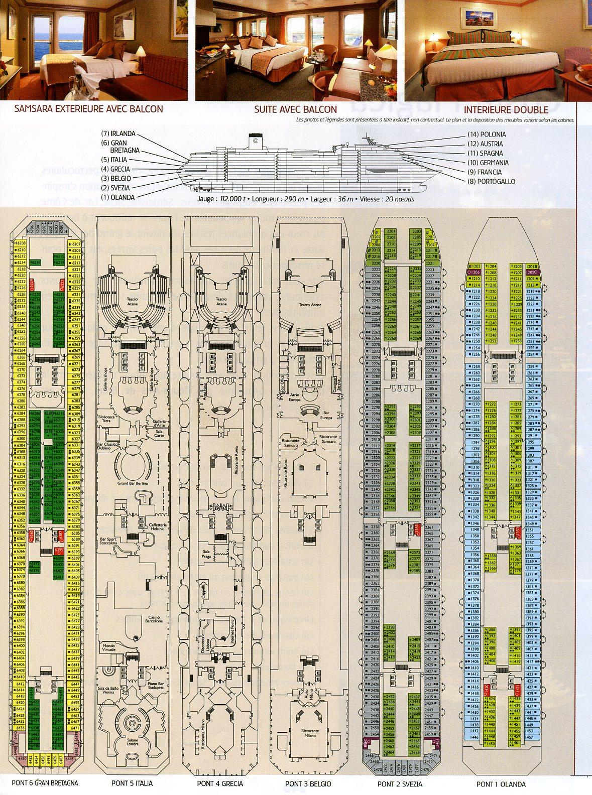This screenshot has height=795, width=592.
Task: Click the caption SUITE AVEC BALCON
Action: [295, 109]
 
